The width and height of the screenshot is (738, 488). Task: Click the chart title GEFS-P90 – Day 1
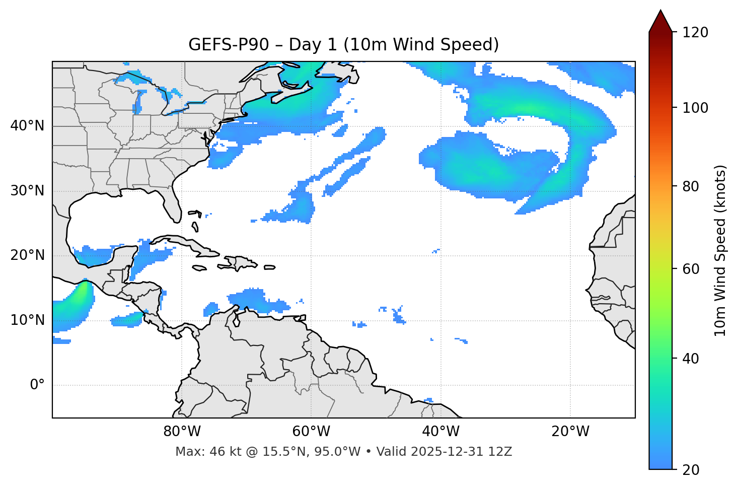coord(343,45)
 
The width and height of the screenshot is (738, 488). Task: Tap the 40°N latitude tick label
coord(27,126)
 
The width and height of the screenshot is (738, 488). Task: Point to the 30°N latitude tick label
coord(27,191)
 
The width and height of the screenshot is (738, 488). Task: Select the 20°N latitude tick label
coord(27,255)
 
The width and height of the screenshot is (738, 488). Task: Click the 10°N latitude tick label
coord(27,320)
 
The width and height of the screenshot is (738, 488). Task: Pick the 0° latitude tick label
coord(37,385)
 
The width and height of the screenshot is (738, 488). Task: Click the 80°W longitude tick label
coord(182,432)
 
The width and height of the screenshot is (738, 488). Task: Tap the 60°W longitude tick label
coord(311,432)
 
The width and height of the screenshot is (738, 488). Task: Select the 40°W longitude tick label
coord(440,432)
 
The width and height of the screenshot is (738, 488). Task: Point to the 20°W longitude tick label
coord(570,432)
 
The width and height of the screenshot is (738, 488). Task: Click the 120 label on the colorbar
coord(695,32)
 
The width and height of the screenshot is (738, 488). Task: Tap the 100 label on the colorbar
coord(695,108)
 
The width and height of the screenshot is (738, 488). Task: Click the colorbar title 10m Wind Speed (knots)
coord(720,250)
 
